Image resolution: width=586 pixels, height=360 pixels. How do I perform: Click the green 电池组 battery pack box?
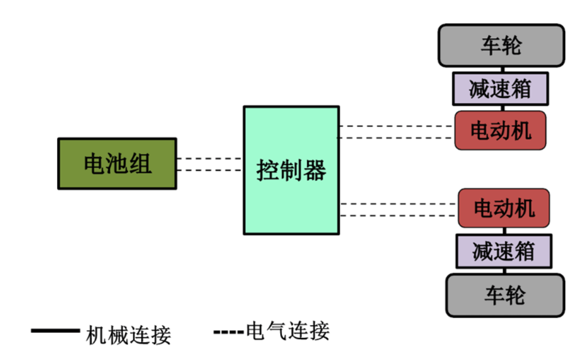coord(117,163)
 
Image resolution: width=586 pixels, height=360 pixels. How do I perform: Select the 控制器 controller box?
coord(291,170)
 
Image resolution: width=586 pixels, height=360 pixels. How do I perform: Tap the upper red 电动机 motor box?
coord(500,130)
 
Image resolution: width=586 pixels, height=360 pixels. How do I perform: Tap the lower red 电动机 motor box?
coord(504,208)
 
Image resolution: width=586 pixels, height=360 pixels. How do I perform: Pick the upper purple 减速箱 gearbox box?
coord(500,89)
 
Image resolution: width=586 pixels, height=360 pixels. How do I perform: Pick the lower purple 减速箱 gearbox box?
coord(504,251)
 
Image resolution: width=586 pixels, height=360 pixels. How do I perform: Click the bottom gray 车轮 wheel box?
coord(505,295)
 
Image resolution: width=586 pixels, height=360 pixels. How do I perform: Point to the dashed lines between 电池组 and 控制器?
coord(209,165)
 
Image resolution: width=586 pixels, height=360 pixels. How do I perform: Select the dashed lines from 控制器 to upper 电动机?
coord(396,132)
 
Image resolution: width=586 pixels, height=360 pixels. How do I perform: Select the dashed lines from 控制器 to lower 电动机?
coord(399,210)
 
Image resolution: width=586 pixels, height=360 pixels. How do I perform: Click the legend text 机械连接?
coord(129,336)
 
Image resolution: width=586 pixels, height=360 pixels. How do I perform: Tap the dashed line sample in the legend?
coord(228,331)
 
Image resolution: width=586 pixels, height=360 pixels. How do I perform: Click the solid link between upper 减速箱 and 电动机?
coord(501,108)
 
